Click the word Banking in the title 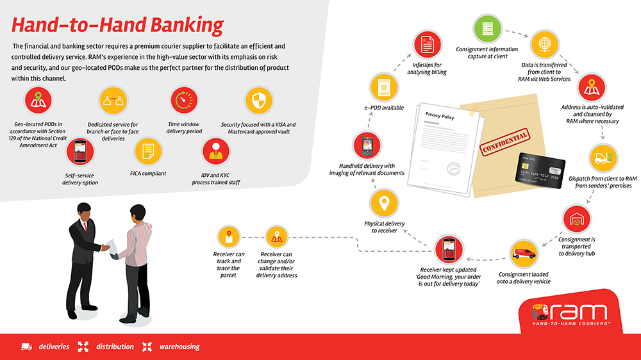coord(187,26)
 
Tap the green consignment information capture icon coord(487,29)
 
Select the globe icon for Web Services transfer coord(544,44)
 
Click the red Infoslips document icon coord(427,44)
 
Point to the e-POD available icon coord(384,88)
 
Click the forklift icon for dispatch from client coord(603,158)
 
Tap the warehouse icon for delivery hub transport coord(576,219)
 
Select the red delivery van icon coord(524,254)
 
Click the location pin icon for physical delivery coord(384,203)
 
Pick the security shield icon coord(259,101)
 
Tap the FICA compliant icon coord(148,151)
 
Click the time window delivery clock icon coord(184,100)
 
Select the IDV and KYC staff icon coord(216,151)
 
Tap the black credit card coord(540,170)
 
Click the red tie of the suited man coord(85,226)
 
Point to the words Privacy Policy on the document coord(440,116)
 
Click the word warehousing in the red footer coord(179,347)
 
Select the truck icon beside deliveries coord(26,347)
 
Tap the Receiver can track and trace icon coord(229,237)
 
